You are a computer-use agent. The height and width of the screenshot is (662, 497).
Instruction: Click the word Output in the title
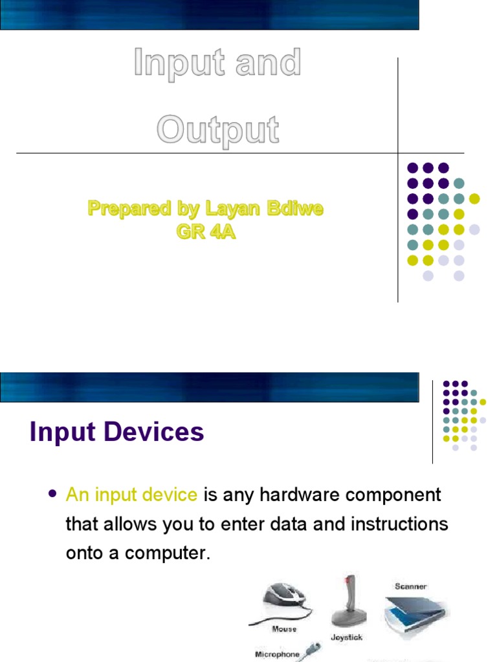coord(217,131)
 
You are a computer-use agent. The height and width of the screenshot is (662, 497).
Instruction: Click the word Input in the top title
coord(179,64)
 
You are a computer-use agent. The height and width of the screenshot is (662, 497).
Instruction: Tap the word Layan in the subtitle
coord(232,209)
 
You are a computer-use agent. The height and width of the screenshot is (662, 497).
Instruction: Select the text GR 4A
coord(206,231)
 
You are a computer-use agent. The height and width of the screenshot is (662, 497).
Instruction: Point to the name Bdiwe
coord(295,208)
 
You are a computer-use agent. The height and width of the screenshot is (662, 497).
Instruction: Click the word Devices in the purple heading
coord(154,432)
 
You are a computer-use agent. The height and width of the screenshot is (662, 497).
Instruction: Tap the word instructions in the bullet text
coord(399,524)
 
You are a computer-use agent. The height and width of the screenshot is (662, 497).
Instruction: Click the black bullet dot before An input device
coord(52,494)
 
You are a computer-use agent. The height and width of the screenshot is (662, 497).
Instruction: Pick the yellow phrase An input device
coord(131,495)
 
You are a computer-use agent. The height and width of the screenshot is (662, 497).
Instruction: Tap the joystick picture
coord(349,602)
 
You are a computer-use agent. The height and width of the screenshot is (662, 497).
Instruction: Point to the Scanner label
coord(411,586)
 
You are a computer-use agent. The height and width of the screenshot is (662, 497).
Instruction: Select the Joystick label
coord(347,637)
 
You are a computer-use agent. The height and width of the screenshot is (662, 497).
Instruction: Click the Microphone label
coord(277,654)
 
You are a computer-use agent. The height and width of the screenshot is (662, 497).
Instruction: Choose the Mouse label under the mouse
coord(284,629)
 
